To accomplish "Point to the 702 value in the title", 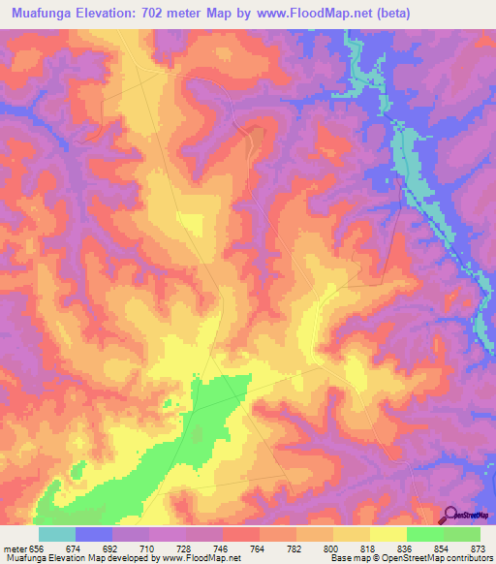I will point(171,14).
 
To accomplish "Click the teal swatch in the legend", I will point(57,534).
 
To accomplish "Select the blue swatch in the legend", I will point(94,534).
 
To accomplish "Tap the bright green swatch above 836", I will point(425,534).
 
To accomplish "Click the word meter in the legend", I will point(14,548).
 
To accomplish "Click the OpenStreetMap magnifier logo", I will point(450,515).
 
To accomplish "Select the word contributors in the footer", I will point(464,558).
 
